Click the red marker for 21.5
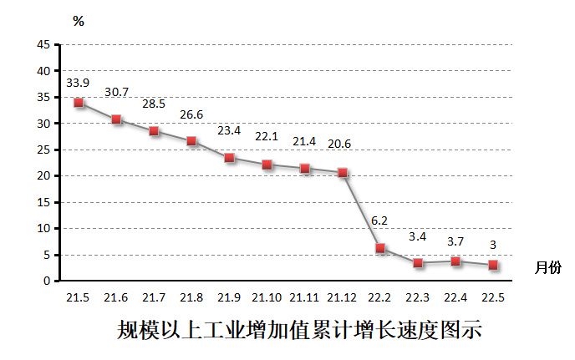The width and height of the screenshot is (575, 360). click(x=79, y=103)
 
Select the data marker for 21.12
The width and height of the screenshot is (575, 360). click(x=343, y=173)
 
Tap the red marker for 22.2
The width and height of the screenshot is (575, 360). click(x=380, y=248)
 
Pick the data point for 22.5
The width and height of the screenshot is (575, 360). click(x=493, y=265)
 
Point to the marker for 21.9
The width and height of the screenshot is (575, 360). click(x=230, y=158)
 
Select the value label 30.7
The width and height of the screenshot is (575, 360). click(x=116, y=92)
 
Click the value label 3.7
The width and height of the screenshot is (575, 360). click(x=455, y=241)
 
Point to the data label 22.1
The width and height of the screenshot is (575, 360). click(x=267, y=136)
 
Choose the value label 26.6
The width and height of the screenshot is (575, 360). click(x=191, y=114)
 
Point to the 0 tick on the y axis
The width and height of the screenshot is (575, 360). click(x=48, y=281)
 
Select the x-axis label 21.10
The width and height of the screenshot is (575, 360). click(x=267, y=298)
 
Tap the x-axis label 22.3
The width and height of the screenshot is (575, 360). click(x=418, y=298)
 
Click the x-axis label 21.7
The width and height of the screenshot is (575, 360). click(x=154, y=298)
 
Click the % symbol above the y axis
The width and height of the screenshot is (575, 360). click(x=79, y=22)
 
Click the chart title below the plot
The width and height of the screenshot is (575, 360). click(x=299, y=330)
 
